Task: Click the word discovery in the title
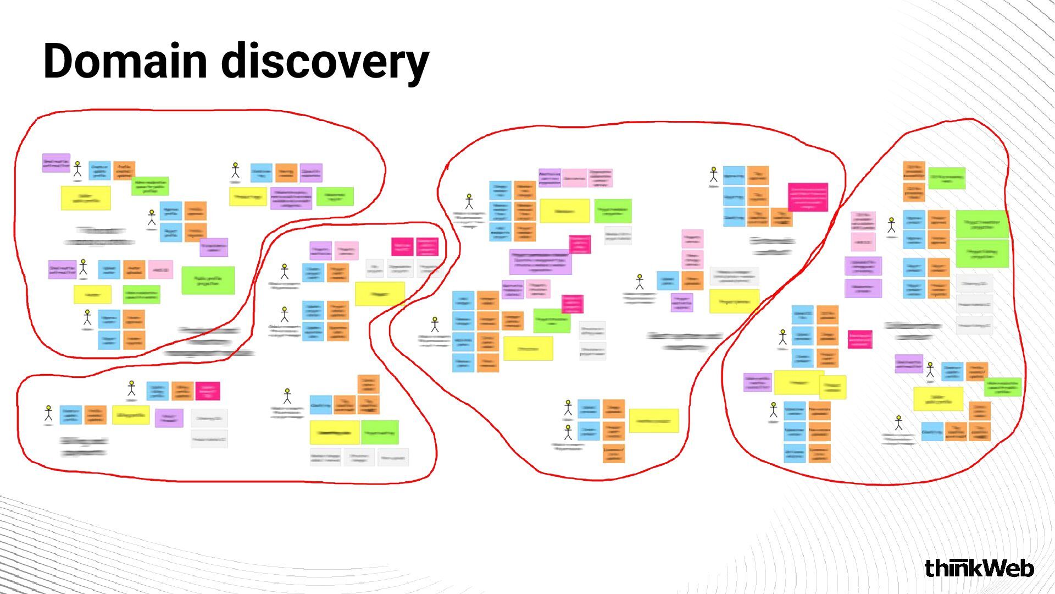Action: pyautogui.click(x=325, y=62)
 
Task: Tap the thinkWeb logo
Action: pyautogui.click(x=979, y=568)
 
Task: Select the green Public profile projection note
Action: pyautogui.click(x=208, y=280)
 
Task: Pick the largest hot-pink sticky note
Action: pyautogui.click(x=808, y=197)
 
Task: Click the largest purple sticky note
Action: pyautogui.click(x=540, y=262)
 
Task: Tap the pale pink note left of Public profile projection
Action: pyautogui.click(x=160, y=270)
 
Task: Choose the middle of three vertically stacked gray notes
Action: pyautogui.click(x=974, y=304)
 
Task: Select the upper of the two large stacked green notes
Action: pyautogui.click(x=982, y=224)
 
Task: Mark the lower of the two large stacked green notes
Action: pyautogui.click(x=982, y=254)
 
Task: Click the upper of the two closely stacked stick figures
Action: pyautogui.click(x=568, y=408)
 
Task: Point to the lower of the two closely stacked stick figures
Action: pyautogui.click(x=568, y=432)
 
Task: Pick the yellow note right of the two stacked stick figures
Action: pyautogui.click(x=654, y=421)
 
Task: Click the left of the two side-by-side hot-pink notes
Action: pyautogui.click(x=402, y=247)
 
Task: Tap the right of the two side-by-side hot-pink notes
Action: pyautogui.click(x=427, y=247)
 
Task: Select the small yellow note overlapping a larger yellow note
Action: pyautogui.click(x=832, y=387)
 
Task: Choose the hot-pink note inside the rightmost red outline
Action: pyautogui.click(x=860, y=339)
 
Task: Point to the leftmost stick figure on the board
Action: pyautogui.click(x=48, y=414)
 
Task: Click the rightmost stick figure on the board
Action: pyautogui.click(x=930, y=370)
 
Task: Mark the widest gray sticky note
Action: pyautogui.click(x=734, y=276)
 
